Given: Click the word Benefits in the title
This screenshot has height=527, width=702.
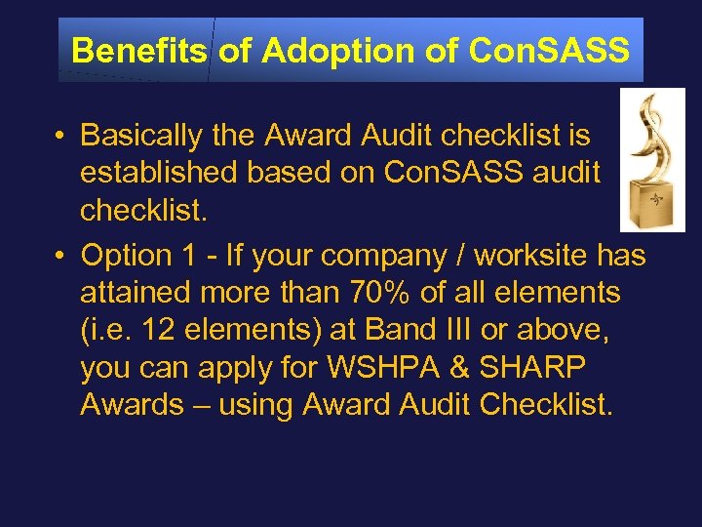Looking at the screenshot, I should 138,50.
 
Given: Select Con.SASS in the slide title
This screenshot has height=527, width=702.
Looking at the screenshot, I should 549,50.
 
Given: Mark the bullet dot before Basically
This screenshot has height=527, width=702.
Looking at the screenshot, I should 60,136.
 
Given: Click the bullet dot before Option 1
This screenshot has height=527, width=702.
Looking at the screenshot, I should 60,257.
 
